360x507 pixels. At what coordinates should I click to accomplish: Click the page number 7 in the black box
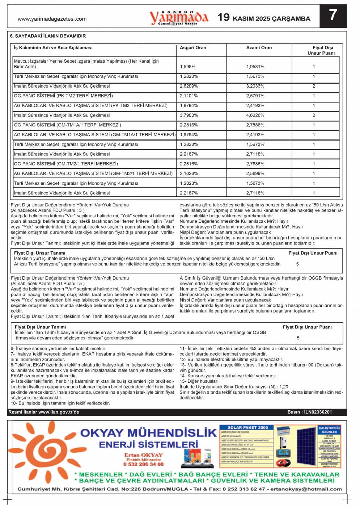pos(333,16)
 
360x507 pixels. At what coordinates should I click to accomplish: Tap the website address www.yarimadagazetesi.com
pos(52,19)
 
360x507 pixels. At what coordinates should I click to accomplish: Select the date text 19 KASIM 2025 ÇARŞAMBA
pos(264,18)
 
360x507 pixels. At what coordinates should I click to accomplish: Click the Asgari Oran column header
pos(193,48)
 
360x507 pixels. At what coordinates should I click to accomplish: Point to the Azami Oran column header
pos(259,48)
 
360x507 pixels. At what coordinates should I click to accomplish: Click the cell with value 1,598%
pos(188,67)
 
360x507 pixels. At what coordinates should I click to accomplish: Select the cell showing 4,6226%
pos(255,115)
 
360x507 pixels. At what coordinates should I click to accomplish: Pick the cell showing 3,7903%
pos(189,115)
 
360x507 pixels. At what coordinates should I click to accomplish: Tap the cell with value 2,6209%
pos(189,86)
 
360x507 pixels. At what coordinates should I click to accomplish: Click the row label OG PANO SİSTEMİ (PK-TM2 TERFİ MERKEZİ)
pos(63,96)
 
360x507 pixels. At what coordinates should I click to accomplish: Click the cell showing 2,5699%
pos(255,173)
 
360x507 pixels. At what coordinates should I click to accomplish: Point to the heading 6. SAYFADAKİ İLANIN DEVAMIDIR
pos(48,36)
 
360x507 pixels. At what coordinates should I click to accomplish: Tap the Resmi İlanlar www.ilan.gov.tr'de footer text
pos(44,412)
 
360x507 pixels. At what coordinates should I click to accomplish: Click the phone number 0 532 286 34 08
pos(143,464)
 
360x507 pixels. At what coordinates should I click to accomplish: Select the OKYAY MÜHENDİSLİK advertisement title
pos(148,433)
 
